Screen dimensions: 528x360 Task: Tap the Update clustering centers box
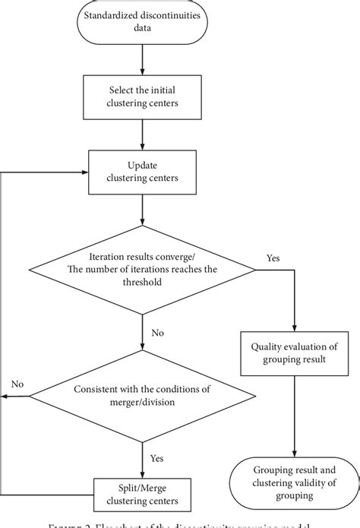pos(142,171)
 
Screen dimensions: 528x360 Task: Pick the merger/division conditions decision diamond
pos(142,395)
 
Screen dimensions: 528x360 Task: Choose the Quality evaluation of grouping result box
pos(293,354)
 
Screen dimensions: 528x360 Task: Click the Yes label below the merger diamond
pos(156,459)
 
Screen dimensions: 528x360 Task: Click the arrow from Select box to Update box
pos(142,135)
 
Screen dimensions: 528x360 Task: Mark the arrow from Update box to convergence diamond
pos(142,209)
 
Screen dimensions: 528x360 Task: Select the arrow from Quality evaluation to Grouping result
pos(293,417)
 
